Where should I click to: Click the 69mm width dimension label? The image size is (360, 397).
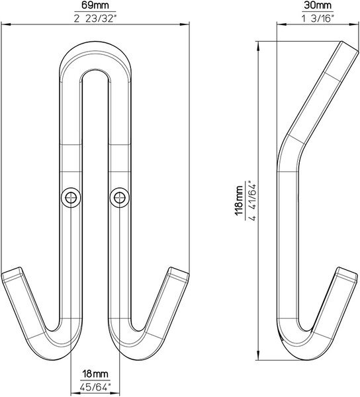[95, 5]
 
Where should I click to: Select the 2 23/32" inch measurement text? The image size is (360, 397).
[95, 19]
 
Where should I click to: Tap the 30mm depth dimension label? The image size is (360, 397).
[318, 5]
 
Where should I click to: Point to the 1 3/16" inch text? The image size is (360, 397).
[318, 19]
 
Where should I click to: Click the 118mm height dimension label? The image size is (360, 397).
[240, 200]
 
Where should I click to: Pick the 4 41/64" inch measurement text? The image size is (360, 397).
[253, 200]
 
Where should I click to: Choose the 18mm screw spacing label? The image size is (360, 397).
[95, 374]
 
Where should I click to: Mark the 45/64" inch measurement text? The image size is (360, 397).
[95, 387]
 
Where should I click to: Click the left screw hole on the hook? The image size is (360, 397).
[71, 197]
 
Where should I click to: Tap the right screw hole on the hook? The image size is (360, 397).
[120, 197]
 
